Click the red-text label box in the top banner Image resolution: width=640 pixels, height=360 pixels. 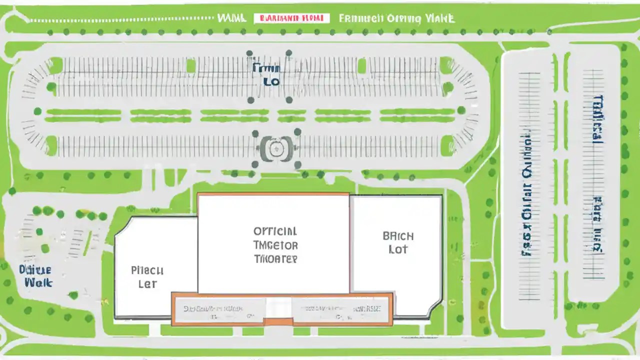coord(292,18)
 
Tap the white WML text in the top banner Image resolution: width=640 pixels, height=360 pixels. coord(232,18)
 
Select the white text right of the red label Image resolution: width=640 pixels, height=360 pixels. coord(396,18)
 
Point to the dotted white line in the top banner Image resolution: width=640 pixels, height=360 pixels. coord(120,20)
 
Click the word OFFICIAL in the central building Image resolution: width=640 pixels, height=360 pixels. coord(275,231)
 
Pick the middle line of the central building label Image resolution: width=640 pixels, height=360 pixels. coord(275,245)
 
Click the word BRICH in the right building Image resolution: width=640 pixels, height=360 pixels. coord(398,236)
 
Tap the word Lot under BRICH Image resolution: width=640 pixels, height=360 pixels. coord(398,249)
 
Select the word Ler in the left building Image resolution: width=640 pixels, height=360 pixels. coord(147,284)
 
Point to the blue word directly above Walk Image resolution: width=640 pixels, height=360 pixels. coord(35,270)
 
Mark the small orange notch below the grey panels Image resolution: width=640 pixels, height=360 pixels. coord(278,321)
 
